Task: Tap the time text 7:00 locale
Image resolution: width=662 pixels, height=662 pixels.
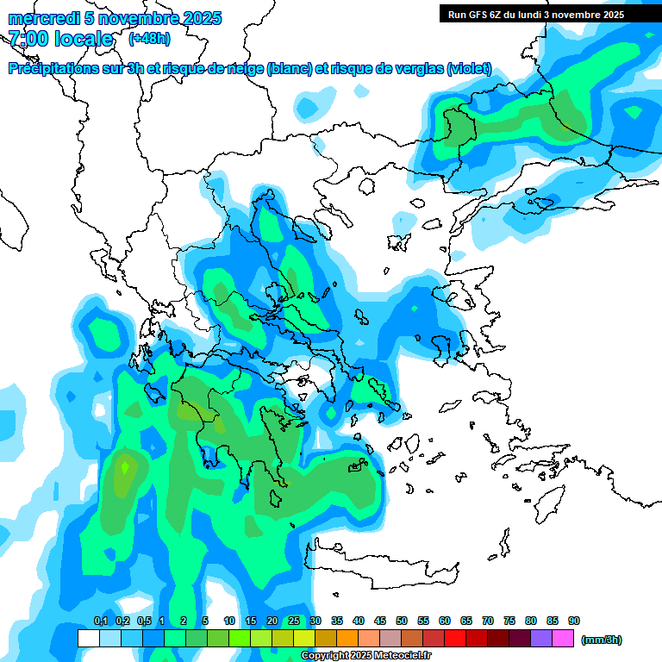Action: pyautogui.click(x=60, y=39)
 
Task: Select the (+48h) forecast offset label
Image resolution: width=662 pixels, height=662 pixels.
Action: pyautogui.click(x=149, y=39)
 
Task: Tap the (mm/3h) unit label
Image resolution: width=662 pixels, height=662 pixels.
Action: pyautogui.click(x=601, y=640)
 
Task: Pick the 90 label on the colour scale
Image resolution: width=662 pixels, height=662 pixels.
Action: pyautogui.click(x=574, y=621)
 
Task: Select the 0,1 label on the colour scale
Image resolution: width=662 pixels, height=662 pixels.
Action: pyautogui.click(x=100, y=621)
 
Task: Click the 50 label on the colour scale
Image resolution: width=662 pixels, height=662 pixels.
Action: pyautogui.click(x=402, y=621)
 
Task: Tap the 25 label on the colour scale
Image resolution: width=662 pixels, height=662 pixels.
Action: pyautogui.click(x=294, y=621)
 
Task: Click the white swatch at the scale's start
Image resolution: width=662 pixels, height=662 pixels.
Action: pyautogui.click(x=88, y=639)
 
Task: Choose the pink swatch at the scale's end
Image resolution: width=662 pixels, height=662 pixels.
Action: pyautogui.click(x=563, y=639)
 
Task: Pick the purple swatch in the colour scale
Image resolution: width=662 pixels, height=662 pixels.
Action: pyautogui.click(x=541, y=639)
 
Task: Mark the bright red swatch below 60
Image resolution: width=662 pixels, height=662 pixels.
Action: pyautogui.click(x=455, y=639)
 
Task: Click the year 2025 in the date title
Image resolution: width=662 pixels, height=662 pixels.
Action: pyautogui.click(x=202, y=18)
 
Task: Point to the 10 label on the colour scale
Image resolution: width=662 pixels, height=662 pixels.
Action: pyautogui.click(x=229, y=621)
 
